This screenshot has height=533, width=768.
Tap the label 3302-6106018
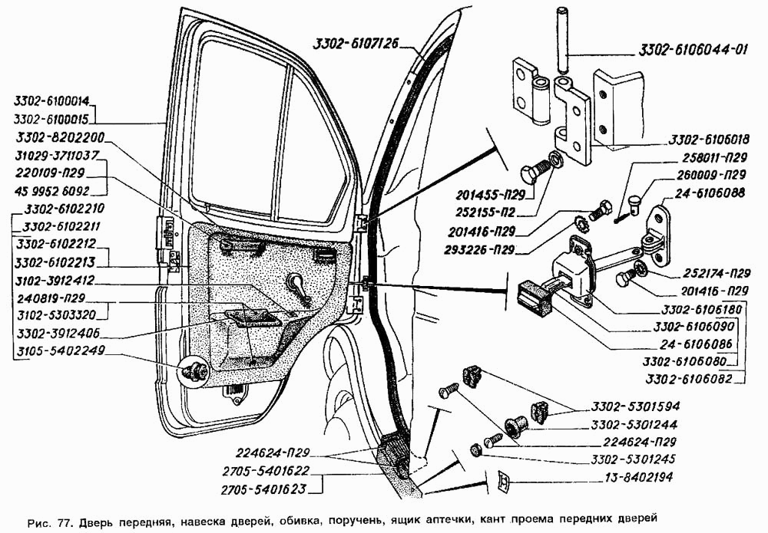pos(709,141)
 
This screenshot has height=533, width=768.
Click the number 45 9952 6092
pos(51,190)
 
